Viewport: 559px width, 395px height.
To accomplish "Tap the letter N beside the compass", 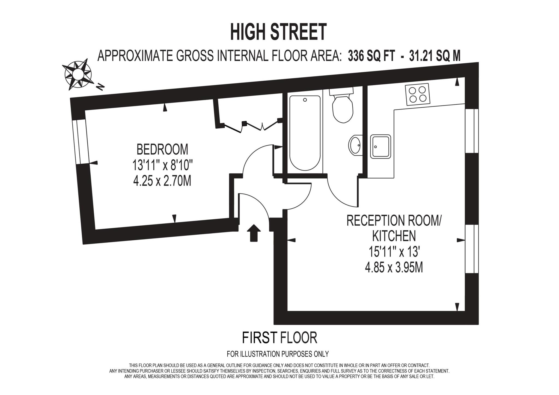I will pos(100,87).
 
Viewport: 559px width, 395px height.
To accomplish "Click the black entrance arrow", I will pos(254,233).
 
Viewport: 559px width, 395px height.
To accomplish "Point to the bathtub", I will pos(305,132).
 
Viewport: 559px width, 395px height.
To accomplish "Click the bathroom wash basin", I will pos(355,145).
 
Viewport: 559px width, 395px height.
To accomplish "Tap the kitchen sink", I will pos(380,146).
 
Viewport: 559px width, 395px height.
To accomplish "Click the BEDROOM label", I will pos(162,149).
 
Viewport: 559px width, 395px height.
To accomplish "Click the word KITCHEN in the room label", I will pos(394,236).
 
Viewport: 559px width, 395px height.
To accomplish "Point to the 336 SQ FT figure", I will pos(371,56).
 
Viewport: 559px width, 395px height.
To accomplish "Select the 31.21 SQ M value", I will pos(435,56).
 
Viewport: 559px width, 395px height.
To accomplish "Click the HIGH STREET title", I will pos(278,32).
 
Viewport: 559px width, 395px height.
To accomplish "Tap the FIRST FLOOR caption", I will pos(279,338).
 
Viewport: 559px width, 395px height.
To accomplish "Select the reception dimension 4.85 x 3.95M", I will pos(394,268).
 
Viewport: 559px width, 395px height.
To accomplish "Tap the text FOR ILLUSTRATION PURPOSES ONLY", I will pos(278,354).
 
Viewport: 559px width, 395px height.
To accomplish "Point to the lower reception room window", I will pos(471,249).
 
